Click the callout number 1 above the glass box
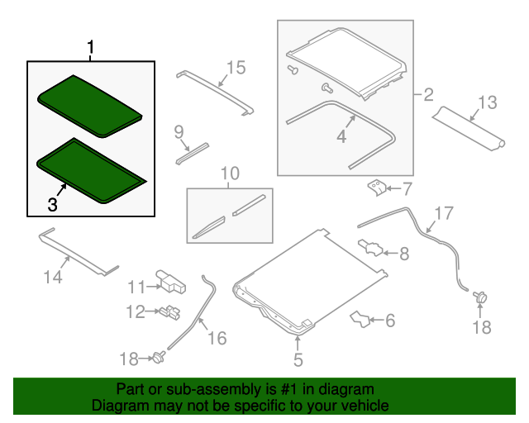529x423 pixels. tap(90, 47)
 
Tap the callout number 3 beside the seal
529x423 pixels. tap(52, 204)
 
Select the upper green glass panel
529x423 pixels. tap(90, 106)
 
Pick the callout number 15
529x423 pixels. tap(236, 68)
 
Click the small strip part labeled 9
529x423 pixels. tap(192, 154)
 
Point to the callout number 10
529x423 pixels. tap(230, 173)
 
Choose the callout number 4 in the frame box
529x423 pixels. tap(341, 136)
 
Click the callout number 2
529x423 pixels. tap(428, 94)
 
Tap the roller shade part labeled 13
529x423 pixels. tap(469, 128)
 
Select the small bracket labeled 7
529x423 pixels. tap(377, 188)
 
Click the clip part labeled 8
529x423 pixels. tap(370, 248)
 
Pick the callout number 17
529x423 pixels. tap(444, 213)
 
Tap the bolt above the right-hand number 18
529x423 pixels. tap(480, 297)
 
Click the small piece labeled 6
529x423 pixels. tap(360, 319)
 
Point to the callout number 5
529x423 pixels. tap(298, 359)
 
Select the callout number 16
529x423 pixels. tap(217, 338)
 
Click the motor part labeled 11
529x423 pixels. tap(171, 282)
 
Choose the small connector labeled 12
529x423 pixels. tap(169, 312)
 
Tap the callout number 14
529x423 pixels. tap(53, 278)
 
